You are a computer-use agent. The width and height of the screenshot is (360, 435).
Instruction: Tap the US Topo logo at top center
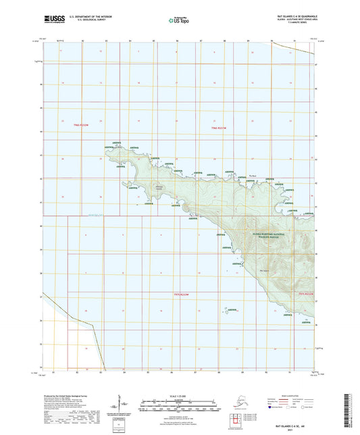point(178,21)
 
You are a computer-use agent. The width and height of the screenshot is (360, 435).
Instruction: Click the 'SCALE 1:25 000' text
point(180,397)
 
